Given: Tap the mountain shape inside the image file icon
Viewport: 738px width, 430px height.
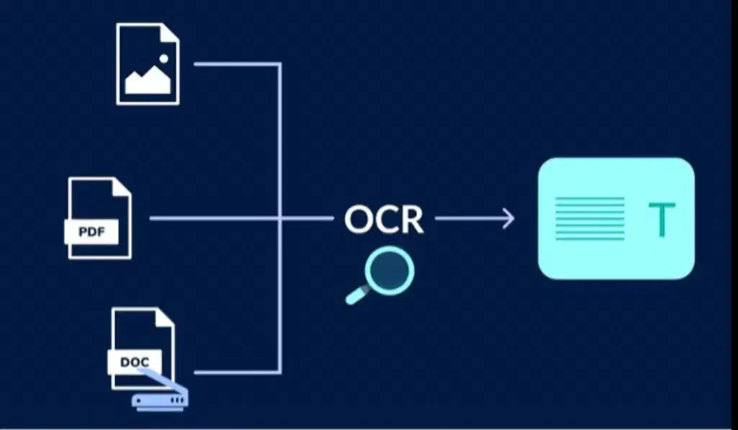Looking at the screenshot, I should pos(147,81).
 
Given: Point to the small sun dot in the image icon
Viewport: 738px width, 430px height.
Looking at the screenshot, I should pos(163,58).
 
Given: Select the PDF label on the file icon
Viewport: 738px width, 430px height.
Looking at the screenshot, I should pos(91,233).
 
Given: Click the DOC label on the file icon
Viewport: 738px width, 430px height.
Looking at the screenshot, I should pos(134,362).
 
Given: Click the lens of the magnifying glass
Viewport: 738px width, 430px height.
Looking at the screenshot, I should pos(390,271).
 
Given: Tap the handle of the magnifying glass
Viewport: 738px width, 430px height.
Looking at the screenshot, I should pos(356,295).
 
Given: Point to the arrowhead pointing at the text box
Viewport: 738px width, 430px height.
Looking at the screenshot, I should pos(508,218).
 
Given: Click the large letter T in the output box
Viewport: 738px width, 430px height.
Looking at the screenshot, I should pos(662,220).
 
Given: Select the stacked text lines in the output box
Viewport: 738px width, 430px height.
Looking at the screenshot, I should pos(590,219).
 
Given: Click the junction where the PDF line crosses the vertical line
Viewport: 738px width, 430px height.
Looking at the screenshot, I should pos(279,218).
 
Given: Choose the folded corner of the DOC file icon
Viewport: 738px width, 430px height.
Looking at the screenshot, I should pos(165,318).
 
